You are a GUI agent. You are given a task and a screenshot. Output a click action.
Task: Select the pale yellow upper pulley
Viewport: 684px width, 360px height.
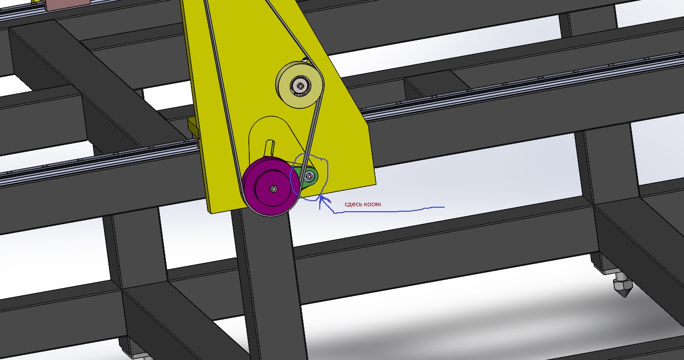[299, 84]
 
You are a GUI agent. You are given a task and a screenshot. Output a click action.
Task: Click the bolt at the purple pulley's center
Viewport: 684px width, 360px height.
[274, 189]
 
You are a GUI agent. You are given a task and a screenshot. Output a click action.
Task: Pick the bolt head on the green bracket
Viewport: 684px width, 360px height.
[310, 176]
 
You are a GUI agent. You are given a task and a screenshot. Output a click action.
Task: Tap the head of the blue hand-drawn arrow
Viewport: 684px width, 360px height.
[320, 197]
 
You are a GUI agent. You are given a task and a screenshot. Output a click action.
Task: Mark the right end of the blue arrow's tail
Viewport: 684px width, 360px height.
[444, 207]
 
